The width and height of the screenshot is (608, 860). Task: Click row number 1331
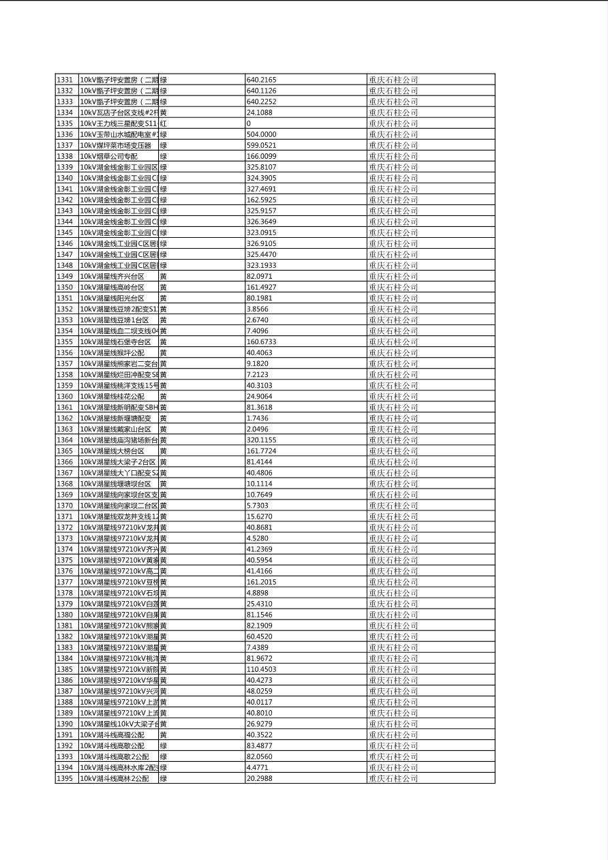65,80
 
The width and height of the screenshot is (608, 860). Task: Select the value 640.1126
261,91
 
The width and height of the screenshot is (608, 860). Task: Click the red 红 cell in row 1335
163,123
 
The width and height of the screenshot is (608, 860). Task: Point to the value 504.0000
261,134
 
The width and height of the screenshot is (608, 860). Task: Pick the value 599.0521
261,145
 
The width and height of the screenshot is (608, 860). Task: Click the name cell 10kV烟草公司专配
108,156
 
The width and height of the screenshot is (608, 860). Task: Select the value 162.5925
261,200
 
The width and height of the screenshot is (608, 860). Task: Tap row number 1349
65,276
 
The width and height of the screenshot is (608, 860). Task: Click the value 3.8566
258,309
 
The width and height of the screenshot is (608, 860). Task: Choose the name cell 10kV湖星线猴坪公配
112,352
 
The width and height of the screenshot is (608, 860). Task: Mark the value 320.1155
261,440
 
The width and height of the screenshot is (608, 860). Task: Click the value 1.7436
258,418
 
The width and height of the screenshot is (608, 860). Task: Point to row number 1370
65,505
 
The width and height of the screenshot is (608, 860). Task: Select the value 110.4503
261,669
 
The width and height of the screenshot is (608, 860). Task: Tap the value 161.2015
261,582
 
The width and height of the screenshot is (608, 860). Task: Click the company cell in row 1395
393,778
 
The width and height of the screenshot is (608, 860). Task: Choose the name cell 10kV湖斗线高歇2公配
114,756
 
